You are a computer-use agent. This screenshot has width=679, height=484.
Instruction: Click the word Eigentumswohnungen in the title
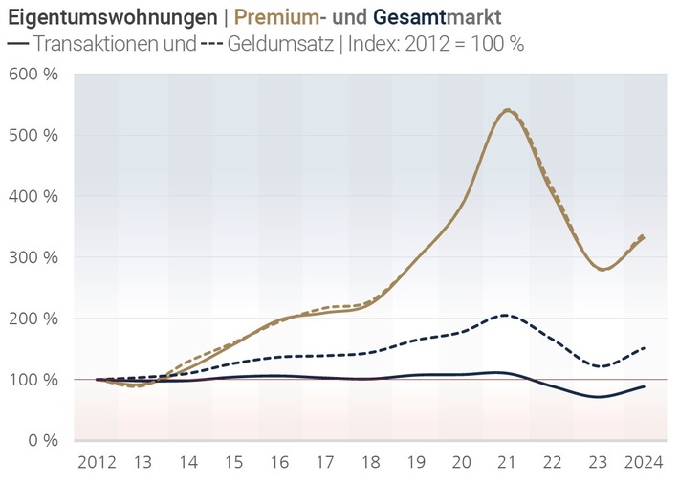[x=111, y=18]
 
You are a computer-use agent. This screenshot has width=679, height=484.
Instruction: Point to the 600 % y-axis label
[x=33, y=74]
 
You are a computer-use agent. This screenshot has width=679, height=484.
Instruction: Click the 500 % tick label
[x=33, y=135]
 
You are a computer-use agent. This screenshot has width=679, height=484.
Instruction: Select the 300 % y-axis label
[x=33, y=257]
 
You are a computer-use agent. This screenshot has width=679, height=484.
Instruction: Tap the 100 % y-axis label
[x=33, y=380]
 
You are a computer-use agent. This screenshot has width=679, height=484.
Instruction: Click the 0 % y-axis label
[x=40, y=440]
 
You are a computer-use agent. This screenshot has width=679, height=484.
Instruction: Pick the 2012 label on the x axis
[x=97, y=462]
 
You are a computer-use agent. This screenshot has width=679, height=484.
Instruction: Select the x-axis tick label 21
[x=506, y=462]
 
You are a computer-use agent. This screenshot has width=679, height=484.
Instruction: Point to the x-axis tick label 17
[x=324, y=462]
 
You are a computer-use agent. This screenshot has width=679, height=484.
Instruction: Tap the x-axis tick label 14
[x=187, y=462]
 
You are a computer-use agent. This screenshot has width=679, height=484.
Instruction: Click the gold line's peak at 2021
[x=506, y=110]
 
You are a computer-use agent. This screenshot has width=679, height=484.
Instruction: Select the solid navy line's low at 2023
[x=599, y=396]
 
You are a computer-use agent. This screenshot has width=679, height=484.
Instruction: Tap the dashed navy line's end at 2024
[x=643, y=348]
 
